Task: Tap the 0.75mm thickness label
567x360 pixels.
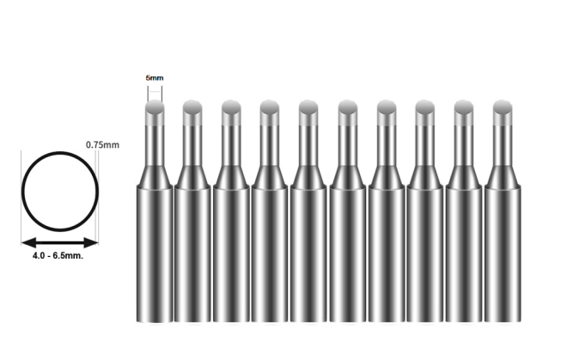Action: (102, 145)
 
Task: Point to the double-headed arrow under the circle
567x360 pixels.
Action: (60, 242)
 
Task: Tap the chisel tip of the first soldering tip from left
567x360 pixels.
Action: (154, 110)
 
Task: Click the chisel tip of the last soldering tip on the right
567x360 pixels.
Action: (503, 110)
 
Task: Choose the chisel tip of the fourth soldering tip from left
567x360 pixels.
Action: (270, 110)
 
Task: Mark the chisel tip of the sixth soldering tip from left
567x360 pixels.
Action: (347, 110)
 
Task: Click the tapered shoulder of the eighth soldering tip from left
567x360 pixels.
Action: (424, 176)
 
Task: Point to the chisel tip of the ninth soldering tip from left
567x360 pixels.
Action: (464, 110)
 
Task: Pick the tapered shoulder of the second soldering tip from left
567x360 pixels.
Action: (192, 176)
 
